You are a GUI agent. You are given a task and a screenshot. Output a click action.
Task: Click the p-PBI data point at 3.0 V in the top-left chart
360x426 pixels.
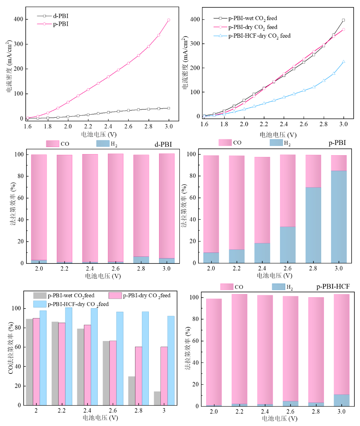169,20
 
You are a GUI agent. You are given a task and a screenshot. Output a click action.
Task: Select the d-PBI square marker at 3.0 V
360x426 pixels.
169,108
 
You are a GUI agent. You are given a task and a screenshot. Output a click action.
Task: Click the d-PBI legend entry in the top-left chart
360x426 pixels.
53,16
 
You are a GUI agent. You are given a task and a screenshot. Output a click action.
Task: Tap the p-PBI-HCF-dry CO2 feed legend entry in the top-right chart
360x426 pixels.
252,36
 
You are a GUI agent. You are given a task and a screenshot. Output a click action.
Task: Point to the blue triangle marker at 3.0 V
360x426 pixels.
343,62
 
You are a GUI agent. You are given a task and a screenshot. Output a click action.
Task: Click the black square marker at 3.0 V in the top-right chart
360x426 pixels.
343,20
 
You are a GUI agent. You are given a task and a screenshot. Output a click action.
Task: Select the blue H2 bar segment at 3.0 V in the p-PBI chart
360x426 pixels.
339,217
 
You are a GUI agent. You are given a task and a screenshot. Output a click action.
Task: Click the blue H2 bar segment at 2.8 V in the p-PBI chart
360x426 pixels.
313,225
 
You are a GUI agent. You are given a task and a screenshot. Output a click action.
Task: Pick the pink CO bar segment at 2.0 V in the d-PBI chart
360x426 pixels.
39,207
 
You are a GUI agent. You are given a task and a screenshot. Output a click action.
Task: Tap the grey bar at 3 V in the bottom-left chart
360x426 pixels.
157,398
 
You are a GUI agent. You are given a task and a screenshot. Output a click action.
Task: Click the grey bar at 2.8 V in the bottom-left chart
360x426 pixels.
132,391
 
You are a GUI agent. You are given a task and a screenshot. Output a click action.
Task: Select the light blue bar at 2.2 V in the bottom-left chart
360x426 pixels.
69,357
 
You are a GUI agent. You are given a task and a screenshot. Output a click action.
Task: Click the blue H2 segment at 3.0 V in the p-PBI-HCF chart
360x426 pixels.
342,401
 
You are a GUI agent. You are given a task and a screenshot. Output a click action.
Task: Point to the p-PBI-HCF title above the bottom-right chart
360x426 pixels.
333,287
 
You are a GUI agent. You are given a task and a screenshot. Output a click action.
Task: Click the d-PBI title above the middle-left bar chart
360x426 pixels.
163,144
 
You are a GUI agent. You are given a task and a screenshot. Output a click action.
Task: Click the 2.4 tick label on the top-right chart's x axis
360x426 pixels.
284,124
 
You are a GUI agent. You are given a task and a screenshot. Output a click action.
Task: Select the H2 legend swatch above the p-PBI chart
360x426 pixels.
276,142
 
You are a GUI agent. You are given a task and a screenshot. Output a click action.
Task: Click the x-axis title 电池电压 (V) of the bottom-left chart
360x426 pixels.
100,418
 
